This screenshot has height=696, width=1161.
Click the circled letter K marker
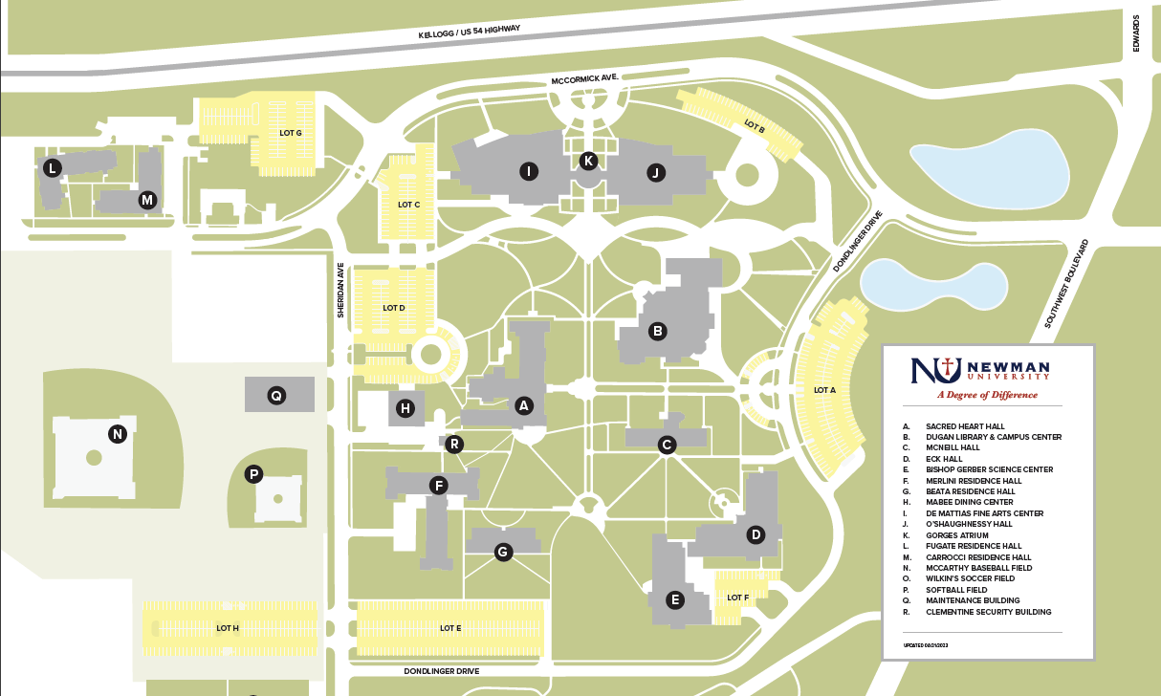[588, 161]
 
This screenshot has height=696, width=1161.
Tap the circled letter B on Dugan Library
[657, 331]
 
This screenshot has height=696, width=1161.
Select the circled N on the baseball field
[118, 434]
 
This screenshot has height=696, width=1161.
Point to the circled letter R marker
[455, 444]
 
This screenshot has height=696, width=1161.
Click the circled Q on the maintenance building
[276, 395]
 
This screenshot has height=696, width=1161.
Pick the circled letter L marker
[52, 168]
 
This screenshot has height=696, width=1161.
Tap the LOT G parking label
[291, 133]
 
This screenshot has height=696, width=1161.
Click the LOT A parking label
[824, 390]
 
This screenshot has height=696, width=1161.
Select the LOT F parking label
[737, 598]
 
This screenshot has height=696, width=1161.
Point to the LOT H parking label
[228, 628]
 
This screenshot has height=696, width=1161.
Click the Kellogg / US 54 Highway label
[470, 32]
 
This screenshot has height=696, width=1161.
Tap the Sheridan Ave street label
[340, 291]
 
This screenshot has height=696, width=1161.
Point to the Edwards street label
[1137, 33]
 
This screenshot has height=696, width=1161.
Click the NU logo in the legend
[934, 370]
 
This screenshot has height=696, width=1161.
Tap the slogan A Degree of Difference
[987, 395]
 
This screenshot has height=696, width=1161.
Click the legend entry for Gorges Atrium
[958, 535]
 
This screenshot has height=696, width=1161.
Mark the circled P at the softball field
[254, 473]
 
